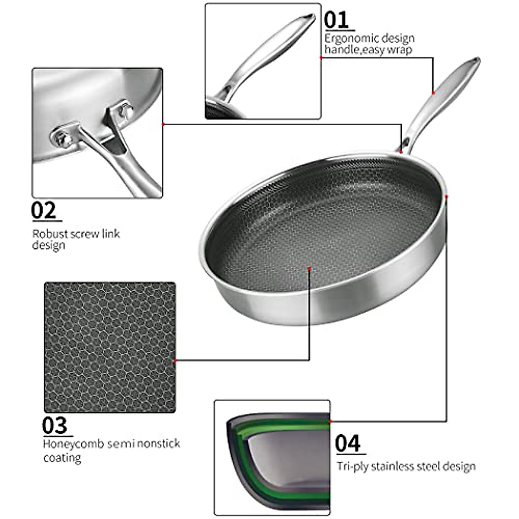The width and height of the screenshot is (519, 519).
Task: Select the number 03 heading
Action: (x=55, y=426)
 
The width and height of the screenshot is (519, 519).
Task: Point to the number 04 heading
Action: (x=348, y=444)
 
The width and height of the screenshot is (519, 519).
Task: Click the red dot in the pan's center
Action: (x=310, y=269)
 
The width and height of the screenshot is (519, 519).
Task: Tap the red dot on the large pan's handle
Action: (x=433, y=93)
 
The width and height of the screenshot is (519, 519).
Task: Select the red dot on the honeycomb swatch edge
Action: (x=175, y=360)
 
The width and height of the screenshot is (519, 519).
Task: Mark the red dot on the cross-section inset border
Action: (x=330, y=421)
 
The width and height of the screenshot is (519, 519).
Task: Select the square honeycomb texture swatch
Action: (x=110, y=347)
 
